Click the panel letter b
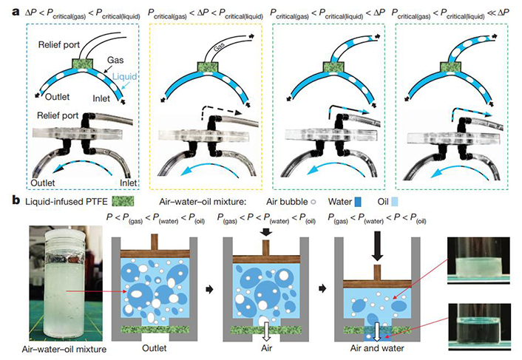8,201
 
